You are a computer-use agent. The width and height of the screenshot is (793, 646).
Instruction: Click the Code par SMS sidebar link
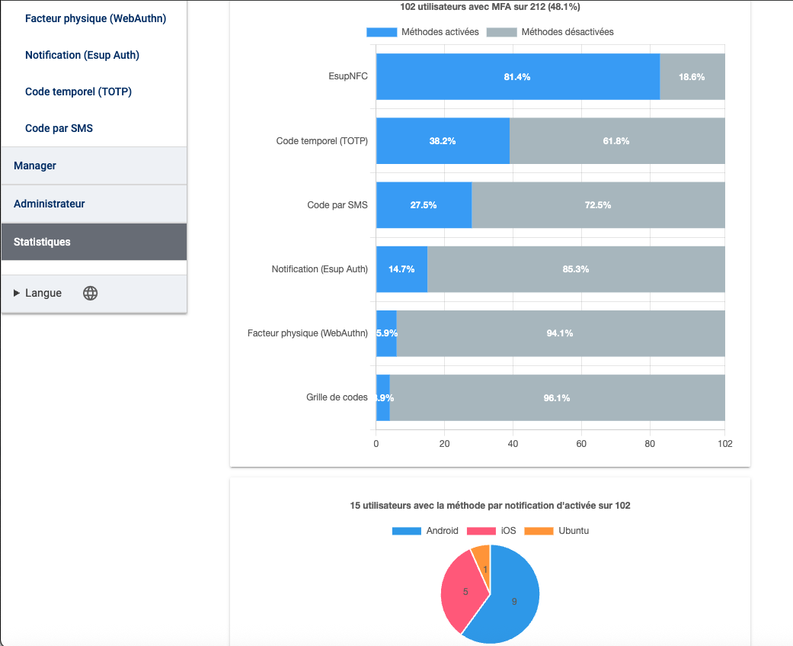[59, 128]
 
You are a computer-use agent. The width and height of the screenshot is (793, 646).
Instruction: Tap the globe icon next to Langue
[90, 293]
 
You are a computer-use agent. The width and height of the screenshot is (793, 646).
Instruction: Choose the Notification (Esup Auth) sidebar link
[82, 55]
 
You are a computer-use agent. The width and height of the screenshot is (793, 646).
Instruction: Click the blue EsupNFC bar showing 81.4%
[517, 77]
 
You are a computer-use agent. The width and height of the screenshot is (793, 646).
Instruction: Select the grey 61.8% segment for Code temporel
[616, 141]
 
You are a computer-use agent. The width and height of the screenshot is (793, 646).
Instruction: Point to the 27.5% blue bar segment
[424, 205]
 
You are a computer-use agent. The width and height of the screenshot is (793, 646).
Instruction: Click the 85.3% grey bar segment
[575, 269]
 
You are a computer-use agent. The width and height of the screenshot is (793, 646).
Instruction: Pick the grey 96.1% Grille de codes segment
[557, 397]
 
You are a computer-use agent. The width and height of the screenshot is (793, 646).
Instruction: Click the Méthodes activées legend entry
[423, 32]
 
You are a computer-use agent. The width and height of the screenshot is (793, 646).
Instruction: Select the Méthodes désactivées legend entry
[550, 32]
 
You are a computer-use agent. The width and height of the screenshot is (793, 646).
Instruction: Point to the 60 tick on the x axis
[581, 443]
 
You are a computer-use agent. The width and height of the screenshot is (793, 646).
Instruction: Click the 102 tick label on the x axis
[724, 443]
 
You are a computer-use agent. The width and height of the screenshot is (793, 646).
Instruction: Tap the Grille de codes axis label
[337, 397]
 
